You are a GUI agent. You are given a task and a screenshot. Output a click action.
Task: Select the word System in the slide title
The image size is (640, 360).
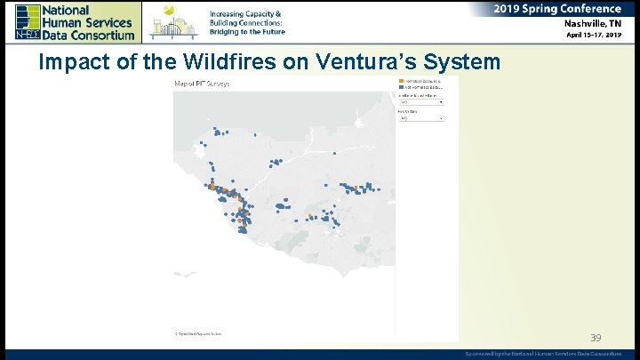click(464, 63)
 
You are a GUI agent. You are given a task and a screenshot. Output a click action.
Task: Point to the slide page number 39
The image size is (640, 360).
click(596, 338)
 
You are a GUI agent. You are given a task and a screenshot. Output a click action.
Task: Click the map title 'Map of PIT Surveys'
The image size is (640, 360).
click(202, 84)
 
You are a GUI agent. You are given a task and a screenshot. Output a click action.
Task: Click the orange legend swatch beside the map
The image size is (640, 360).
click(402, 80)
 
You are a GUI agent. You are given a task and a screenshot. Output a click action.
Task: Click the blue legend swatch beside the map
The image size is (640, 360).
click(402, 87)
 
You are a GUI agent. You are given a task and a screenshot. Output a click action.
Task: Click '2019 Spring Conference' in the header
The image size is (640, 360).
click(557, 9)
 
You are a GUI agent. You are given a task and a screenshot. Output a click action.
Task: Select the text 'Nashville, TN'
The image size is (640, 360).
click(591, 23)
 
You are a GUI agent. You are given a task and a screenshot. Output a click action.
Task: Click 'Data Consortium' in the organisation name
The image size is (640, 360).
click(89, 35)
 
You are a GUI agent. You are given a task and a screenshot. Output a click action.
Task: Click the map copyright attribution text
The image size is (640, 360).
click(198, 333)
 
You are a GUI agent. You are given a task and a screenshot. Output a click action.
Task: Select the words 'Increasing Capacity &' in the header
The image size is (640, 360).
click(245, 14)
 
